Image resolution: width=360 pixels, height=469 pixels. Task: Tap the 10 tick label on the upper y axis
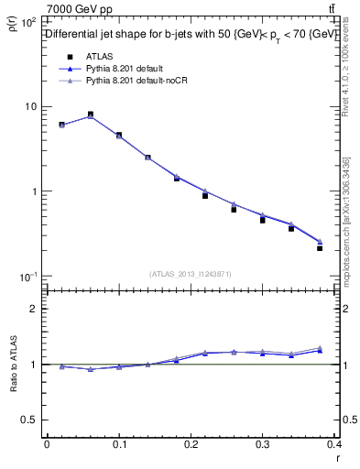31,106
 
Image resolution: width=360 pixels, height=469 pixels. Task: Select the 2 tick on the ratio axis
33,310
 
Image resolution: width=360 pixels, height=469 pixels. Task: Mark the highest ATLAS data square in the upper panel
91,115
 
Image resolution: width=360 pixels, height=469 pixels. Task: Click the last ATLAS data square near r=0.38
320,247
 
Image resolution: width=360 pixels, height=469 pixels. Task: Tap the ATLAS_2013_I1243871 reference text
191,274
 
